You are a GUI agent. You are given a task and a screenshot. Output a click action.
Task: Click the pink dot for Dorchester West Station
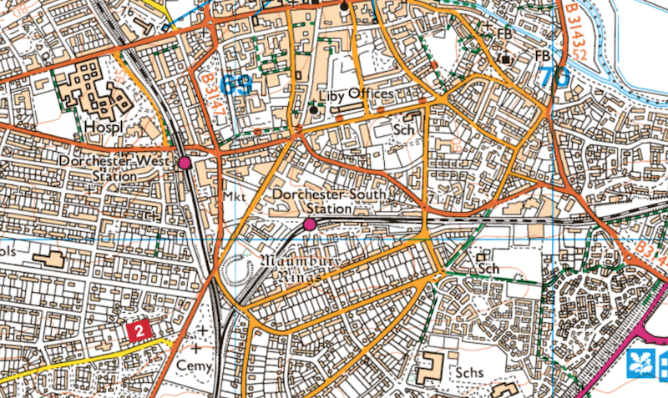click(x=185, y=163)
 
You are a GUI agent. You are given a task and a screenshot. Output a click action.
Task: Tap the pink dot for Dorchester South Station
click(x=310, y=224)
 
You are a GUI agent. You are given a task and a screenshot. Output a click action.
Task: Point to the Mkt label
click(x=233, y=195)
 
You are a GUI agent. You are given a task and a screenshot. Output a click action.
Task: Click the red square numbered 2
click(x=139, y=331)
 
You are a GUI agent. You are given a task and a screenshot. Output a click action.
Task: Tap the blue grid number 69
click(x=237, y=84)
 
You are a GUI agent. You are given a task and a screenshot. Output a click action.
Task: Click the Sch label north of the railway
click(x=404, y=130)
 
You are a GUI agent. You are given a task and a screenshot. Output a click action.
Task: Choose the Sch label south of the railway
click(x=488, y=269)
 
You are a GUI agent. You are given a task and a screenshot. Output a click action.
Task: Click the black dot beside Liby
click(x=314, y=109)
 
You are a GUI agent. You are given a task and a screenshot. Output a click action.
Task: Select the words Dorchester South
click(x=331, y=194)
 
